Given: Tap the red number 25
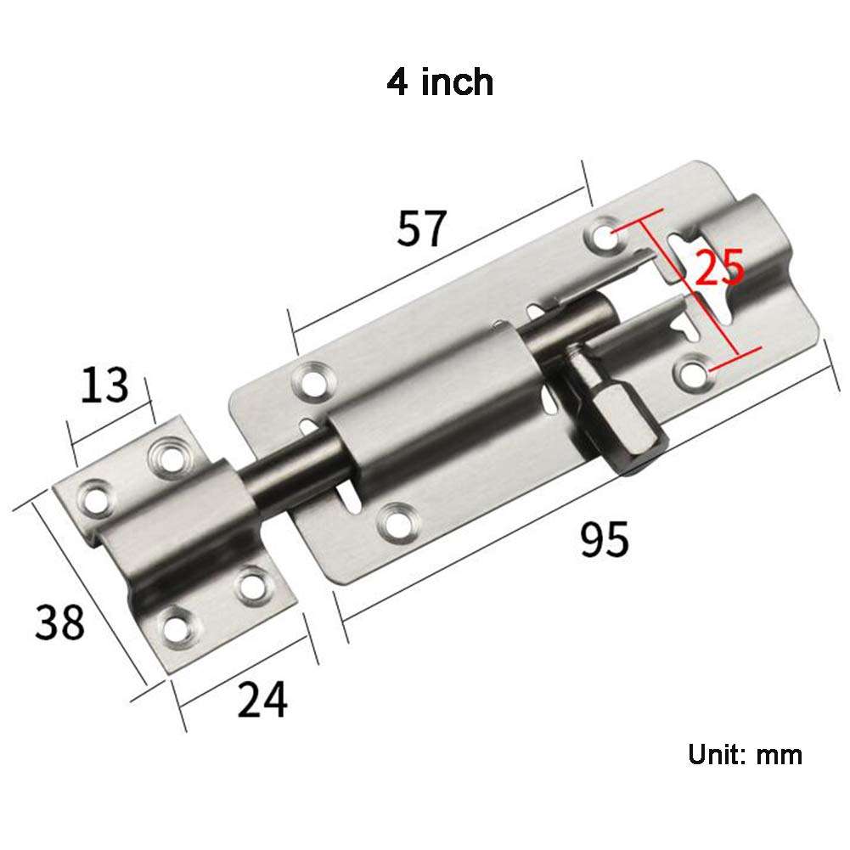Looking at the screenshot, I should click(719, 268).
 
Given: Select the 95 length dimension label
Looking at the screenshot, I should click(605, 540).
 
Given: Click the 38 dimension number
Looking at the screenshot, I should click(60, 622).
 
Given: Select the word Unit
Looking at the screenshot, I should click(715, 754).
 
